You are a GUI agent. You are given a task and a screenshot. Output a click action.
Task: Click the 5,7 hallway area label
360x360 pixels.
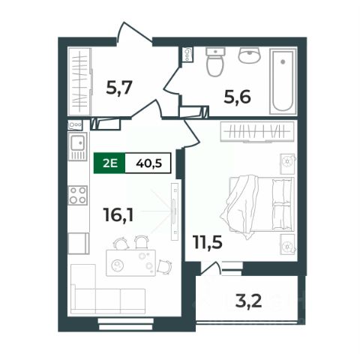point(118,87)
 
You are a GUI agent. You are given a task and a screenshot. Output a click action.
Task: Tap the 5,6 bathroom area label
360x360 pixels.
point(237,97)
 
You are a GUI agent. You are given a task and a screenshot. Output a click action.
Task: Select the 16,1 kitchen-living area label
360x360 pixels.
point(118,214)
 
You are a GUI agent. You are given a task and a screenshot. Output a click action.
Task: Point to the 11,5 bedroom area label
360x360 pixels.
point(208,241)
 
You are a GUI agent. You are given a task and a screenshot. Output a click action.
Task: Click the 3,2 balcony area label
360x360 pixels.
point(248,301)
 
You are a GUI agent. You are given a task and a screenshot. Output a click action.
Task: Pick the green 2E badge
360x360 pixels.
point(109,163)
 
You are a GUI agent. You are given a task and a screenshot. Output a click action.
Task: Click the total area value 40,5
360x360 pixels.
point(149,163)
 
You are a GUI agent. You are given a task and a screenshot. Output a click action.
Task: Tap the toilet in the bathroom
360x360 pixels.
point(215,61)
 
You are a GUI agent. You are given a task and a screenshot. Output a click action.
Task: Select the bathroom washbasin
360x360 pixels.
point(250,55)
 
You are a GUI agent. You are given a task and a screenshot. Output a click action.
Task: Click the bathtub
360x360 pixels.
point(283,82)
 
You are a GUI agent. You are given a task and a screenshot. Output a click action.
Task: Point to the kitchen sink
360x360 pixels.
point(78,146)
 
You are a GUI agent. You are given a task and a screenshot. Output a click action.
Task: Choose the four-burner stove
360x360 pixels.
point(78,195)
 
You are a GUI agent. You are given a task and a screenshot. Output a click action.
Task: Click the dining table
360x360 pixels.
point(131,262)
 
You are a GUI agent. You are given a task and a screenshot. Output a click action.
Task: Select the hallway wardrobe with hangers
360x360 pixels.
point(80,82)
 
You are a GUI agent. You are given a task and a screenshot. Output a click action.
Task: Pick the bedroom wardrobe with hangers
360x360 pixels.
point(257,132)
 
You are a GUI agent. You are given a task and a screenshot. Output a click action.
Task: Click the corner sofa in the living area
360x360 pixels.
point(107,289)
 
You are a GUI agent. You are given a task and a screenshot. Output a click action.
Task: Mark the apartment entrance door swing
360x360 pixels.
point(134,32)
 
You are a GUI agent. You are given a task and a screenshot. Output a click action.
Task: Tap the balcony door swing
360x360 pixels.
point(211,268)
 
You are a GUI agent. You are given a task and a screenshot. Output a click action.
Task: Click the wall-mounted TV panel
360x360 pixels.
point(175,211)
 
